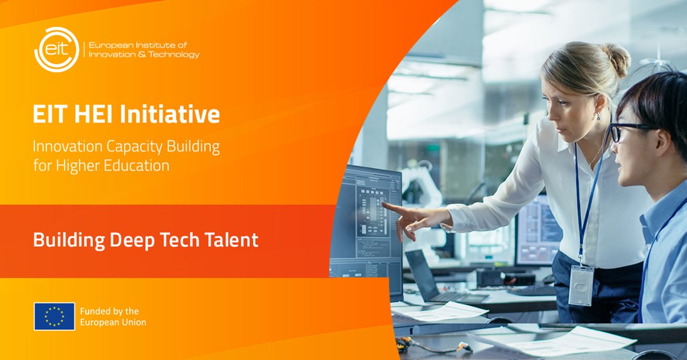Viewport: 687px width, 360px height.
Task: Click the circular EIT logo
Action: (x=57, y=49)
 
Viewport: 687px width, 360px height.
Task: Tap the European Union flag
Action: (x=54, y=316)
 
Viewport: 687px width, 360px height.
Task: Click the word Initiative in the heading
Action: (x=169, y=114)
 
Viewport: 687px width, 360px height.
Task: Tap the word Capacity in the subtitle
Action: (x=133, y=147)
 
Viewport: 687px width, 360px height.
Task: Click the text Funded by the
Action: (x=109, y=311)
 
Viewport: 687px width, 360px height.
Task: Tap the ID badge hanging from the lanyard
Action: (x=580, y=285)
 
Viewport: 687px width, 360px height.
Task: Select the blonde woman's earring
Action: (x=598, y=116)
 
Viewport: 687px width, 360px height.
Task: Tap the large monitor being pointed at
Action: (x=366, y=231)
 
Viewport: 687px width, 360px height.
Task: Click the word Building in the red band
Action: (x=69, y=240)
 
